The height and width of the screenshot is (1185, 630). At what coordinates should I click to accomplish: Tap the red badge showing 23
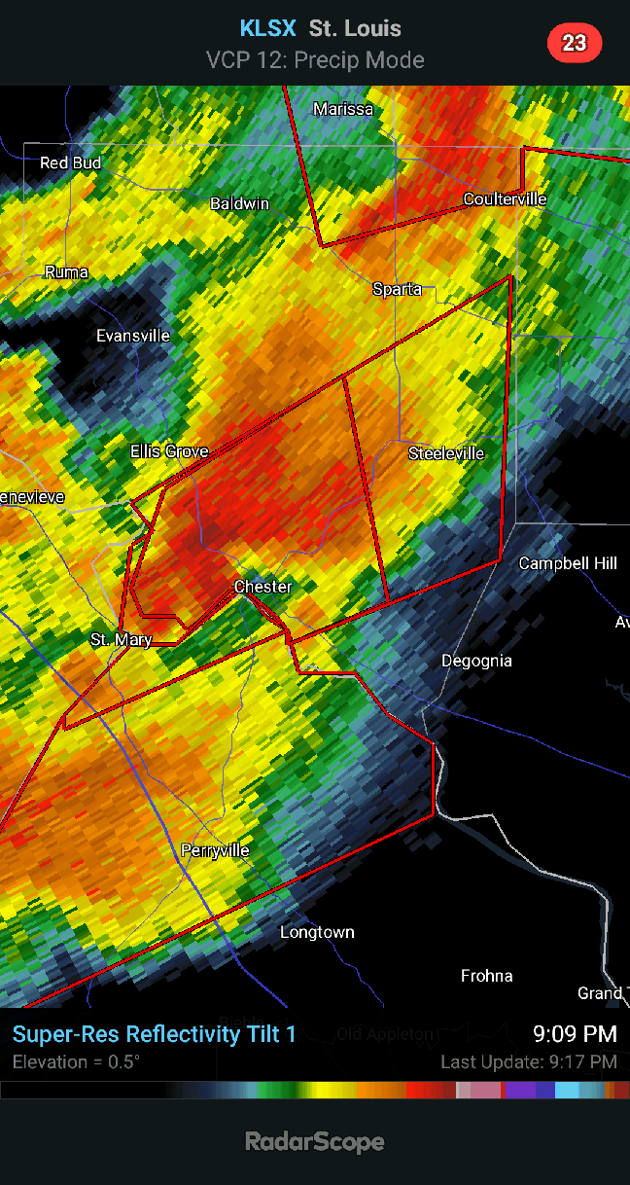(575, 43)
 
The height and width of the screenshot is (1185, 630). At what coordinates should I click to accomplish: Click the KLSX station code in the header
(267, 29)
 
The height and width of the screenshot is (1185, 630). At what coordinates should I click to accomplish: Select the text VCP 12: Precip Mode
(315, 60)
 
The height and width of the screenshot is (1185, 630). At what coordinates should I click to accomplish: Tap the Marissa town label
(343, 109)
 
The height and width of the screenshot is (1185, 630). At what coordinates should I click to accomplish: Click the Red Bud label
(70, 162)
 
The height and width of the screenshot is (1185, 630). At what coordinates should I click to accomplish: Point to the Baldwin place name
(239, 203)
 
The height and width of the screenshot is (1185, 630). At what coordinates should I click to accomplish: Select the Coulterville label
(505, 199)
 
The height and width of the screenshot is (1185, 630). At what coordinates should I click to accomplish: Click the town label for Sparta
(398, 289)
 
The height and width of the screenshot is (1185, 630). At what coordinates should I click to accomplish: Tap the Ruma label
(66, 272)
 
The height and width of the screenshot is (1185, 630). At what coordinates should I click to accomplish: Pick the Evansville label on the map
(133, 336)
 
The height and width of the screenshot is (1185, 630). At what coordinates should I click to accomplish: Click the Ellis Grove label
(171, 451)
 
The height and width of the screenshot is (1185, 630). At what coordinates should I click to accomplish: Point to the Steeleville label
(446, 453)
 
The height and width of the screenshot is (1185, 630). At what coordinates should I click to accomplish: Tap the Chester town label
(262, 587)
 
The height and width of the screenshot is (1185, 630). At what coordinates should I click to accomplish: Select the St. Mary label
(121, 639)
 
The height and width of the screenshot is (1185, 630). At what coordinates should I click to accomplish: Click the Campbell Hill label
(568, 563)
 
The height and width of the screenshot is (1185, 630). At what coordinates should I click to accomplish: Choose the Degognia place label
(476, 661)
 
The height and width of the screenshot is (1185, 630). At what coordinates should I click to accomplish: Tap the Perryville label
(215, 850)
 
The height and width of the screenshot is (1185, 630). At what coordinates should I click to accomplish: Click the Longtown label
(317, 932)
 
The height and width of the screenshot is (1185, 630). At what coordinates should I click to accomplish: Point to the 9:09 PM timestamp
(575, 1033)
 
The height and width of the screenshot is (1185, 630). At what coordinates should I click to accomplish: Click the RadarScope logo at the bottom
(315, 1141)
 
